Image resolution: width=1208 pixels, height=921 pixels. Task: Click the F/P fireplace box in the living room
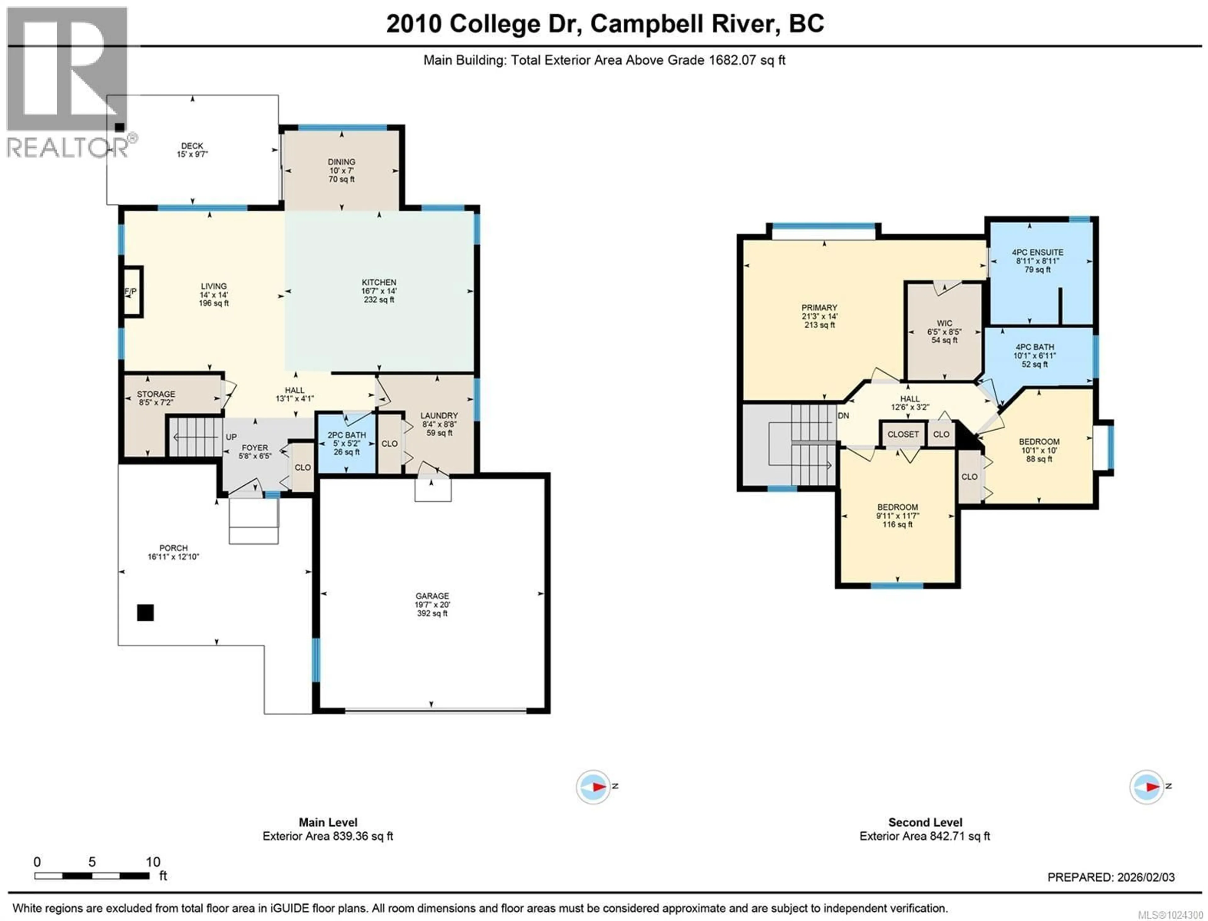point(131,292)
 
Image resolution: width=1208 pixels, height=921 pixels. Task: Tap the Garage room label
point(432,596)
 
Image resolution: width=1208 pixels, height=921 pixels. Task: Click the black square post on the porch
point(145,612)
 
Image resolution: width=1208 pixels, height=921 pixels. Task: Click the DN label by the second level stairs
point(843,416)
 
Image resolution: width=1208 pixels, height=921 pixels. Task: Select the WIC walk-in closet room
point(944,332)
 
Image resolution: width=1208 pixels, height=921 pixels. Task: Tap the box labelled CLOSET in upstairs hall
point(903,434)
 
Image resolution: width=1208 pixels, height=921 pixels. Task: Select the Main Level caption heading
point(328,822)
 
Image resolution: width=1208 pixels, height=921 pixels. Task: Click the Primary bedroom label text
point(819,308)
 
